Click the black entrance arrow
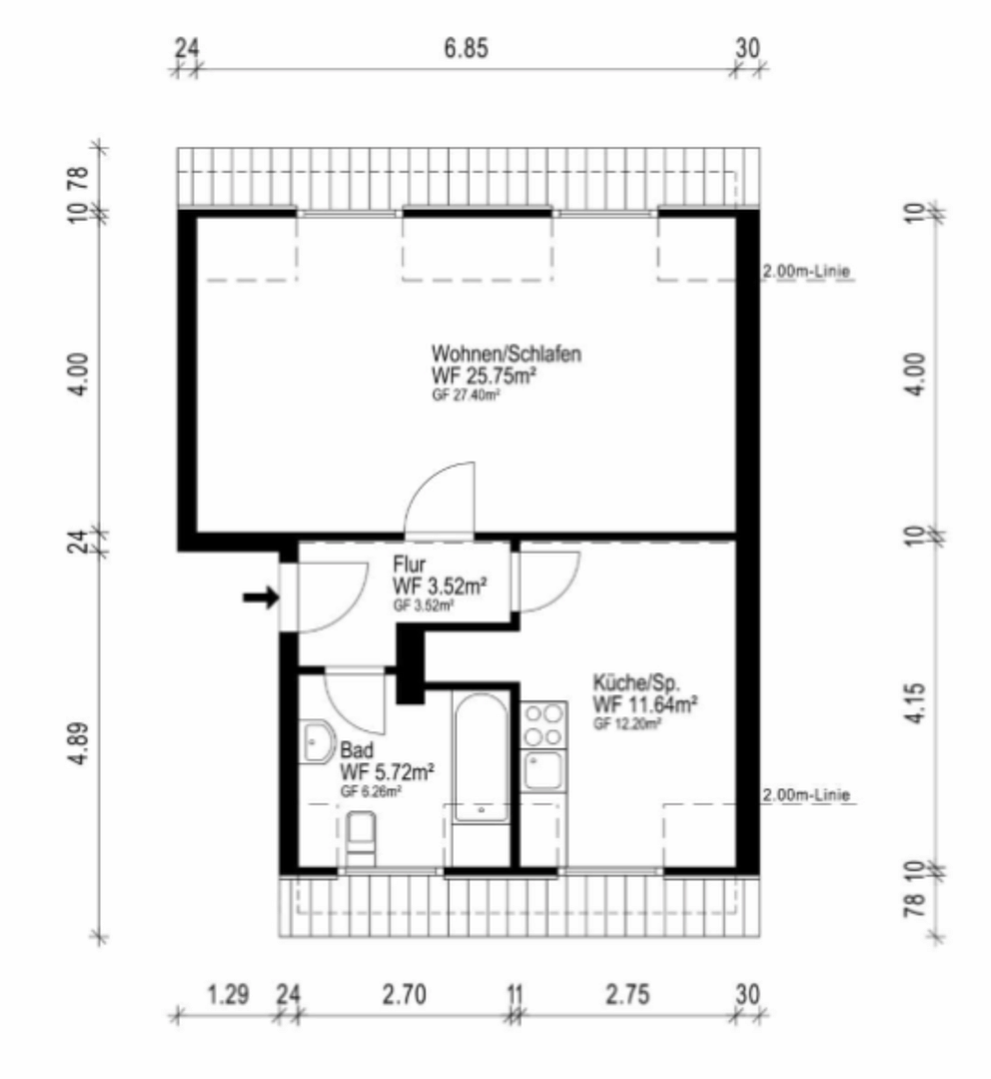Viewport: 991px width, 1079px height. pyautogui.click(x=261, y=597)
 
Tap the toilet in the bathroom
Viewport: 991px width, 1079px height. pyautogui.click(x=361, y=839)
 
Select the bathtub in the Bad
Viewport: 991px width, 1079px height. pyautogui.click(x=482, y=757)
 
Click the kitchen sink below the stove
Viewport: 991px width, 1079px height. pyautogui.click(x=543, y=770)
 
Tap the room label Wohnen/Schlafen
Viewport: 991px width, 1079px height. pyautogui.click(x=505, y=353)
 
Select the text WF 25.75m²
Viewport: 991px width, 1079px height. pyautogui.click(x=484, y=376)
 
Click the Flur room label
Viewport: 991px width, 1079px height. pyautogui.click(x=409, y=564)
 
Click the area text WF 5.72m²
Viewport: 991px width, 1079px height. pyautogui.click(x=387, y=772)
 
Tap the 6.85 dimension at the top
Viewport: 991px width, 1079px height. pyautogui.click(x=466, y=49)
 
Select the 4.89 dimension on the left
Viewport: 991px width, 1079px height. pyautogui.click(x=80, y=743)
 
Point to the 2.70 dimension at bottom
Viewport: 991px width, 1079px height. pyautogui.click(x=404, y=994)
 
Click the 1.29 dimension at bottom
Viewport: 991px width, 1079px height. pyautogui.click(x=228, y=994)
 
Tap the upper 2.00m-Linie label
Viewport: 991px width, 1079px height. pyautogui.click(x=806, y=271)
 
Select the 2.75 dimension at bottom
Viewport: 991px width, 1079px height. pyautogui.click(x=627, y=994)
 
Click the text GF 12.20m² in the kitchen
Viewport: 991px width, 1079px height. pyautogui.click(x=627, y=723)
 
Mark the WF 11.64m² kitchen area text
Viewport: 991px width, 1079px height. pyautogui.click(x=645, y=704)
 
